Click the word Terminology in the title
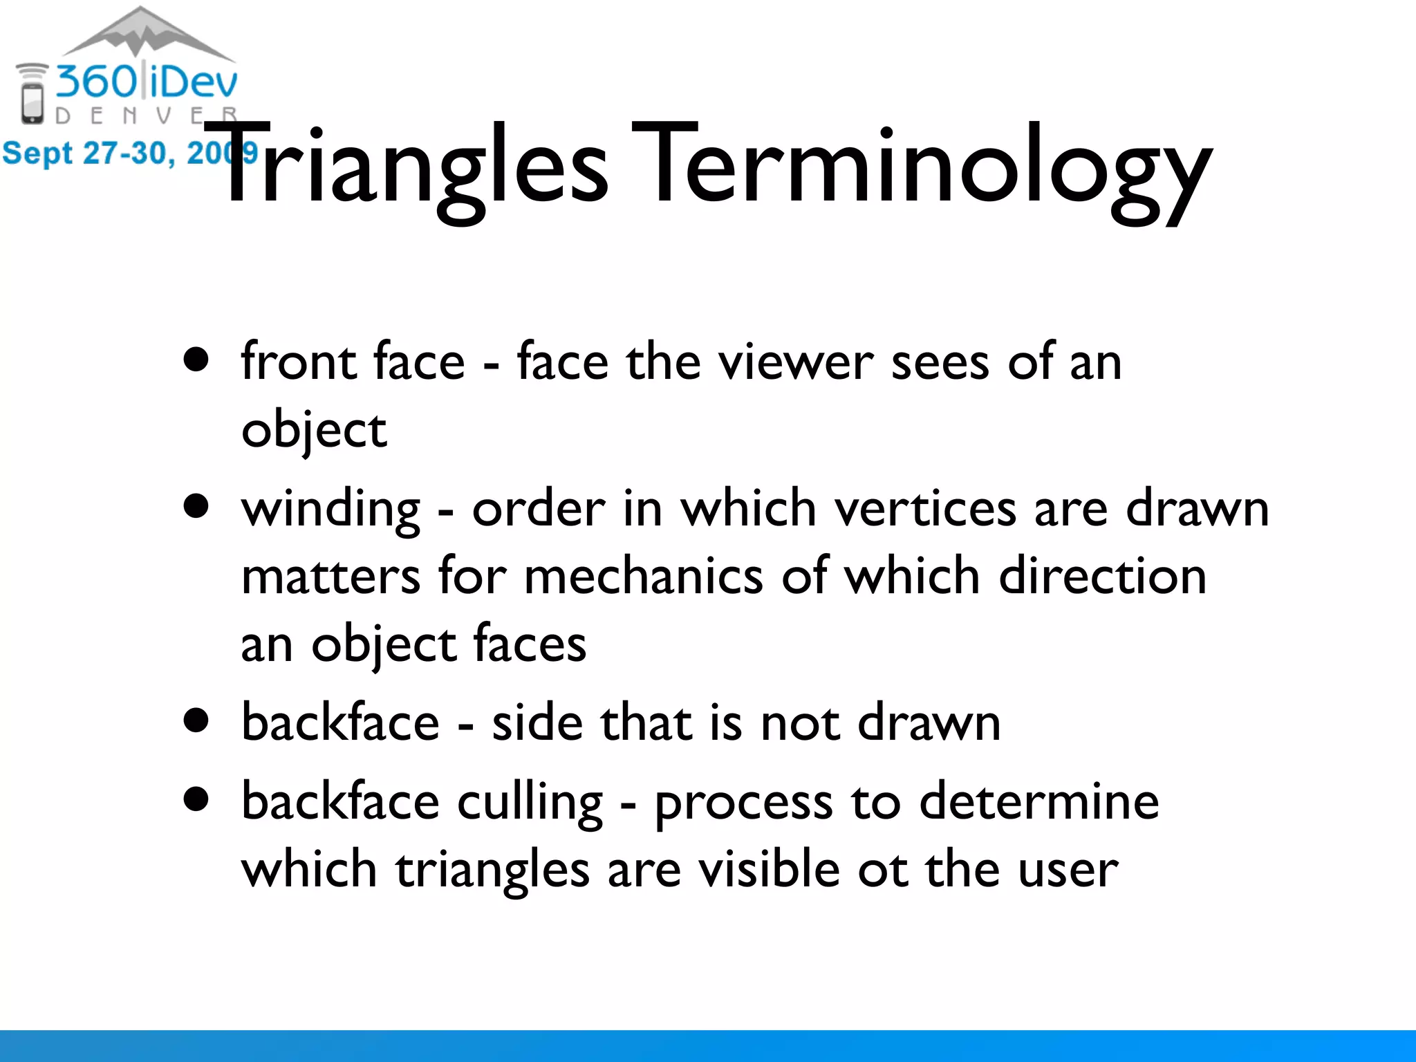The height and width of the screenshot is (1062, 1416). click(920, 169)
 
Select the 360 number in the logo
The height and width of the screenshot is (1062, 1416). click(97, 82)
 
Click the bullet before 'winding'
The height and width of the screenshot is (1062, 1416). click(197, 505)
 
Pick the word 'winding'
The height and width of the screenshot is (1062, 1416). click(330, 510)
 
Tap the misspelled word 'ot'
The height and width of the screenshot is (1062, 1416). click(882, 870)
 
